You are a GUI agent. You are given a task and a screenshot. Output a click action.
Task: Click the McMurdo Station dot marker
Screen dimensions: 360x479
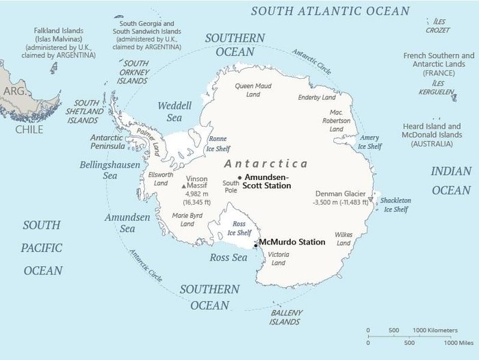coord(255,244)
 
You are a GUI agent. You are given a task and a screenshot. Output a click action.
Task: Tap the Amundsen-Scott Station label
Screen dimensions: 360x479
coord(268,181)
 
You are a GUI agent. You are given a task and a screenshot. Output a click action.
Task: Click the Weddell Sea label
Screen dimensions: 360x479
coord(174,112)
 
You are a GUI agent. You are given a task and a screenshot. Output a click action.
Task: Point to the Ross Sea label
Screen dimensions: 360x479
coord(228,257)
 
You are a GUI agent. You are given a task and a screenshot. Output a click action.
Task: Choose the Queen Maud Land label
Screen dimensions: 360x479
coord(254,90)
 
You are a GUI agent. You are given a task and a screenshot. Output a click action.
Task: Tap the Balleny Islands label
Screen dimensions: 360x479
coord(285,317)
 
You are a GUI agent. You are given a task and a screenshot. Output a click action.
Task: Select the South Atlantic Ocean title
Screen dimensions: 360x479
coord(331,11)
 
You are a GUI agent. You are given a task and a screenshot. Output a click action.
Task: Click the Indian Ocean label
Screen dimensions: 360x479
coord(451,181)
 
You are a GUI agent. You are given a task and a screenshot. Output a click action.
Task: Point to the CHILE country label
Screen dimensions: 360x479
coord(29,129)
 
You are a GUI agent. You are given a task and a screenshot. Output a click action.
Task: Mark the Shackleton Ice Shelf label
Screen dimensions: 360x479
coord(396,205)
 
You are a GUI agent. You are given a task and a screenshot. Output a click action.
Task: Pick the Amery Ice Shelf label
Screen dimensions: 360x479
coord(370,142)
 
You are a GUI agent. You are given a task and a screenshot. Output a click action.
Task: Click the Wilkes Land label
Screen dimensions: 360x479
coord(344,238)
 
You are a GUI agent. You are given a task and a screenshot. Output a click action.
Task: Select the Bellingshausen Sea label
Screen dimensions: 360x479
coord(109,170)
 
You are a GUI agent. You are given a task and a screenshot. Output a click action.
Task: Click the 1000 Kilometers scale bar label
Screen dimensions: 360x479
coord(435,331)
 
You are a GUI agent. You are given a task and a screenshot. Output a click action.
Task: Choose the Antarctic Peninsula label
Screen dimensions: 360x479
coord(107,142)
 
